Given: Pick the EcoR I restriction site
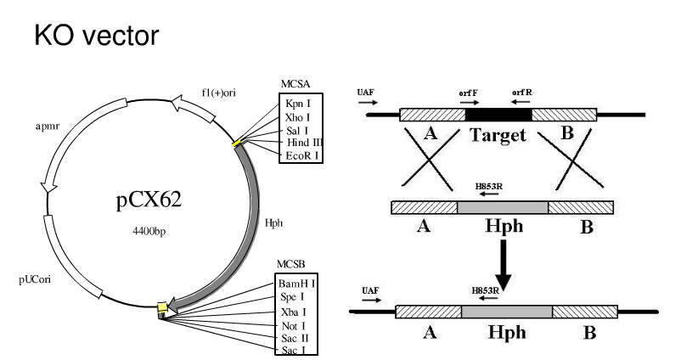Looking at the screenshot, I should [301, 156].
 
